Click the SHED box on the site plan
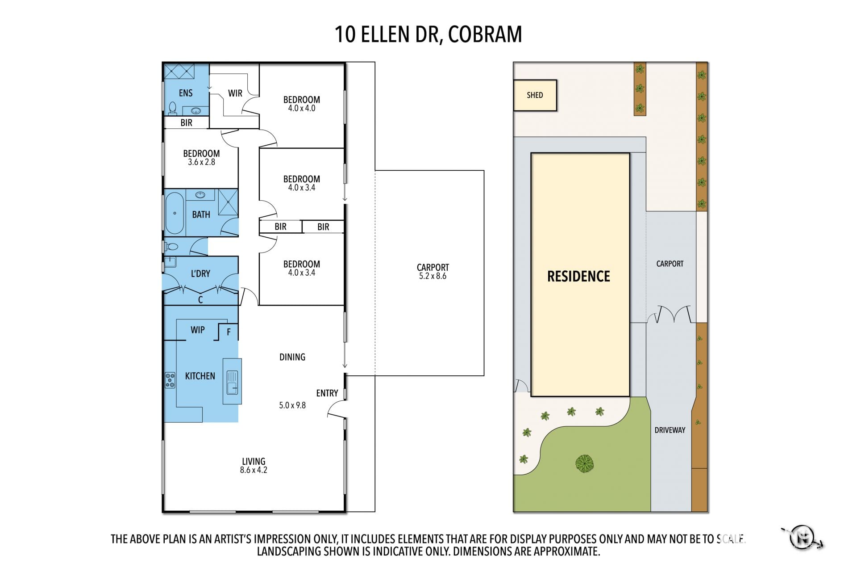[535, 95]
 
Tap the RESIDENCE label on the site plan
[578, 276]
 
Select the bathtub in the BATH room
[175, 213]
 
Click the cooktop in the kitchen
[170, 380]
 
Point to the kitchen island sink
[233, 382]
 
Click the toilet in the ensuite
[172, 109]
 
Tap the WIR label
[235, 93]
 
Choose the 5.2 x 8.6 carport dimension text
[433, 276]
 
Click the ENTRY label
[327, 393]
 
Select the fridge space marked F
[229, 332]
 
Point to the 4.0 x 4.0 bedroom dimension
[302, 108]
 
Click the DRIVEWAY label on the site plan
[670, 430]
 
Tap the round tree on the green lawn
[584, 463]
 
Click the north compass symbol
[803, 537]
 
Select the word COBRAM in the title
[485, 34]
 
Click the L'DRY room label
[200, 273]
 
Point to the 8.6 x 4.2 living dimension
[254, 470]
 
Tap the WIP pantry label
[198, 330]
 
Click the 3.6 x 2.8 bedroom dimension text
[201, 162]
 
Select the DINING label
[292, 357]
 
